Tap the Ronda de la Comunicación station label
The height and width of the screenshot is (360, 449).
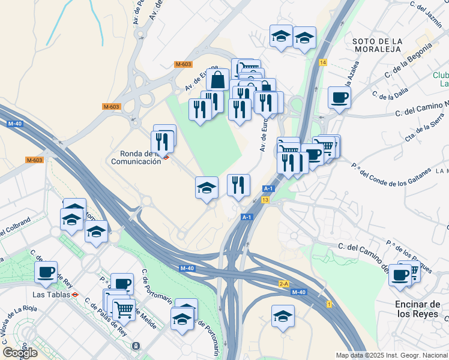pyautogui.click(x=136, y=157)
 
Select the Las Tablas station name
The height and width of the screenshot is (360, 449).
pyautogui.click(x=51, y=295)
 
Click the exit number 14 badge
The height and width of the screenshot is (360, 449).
pyautogui.click(x=323, y=63)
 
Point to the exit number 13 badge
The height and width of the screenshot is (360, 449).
pyautogui.click(x=265, y=199)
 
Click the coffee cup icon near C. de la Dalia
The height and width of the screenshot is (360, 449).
pyautogui.click(x=339, y=97)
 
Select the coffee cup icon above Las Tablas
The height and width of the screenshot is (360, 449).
pyautogui.click(x=46, y=272)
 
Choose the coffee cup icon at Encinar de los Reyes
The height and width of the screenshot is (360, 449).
pyautogui.click(x=400, y=275)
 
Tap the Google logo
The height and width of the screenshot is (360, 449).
pyautogui.click(x=20, y=353)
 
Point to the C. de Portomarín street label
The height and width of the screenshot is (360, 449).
pyautogui.click(x=146, y=285)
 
